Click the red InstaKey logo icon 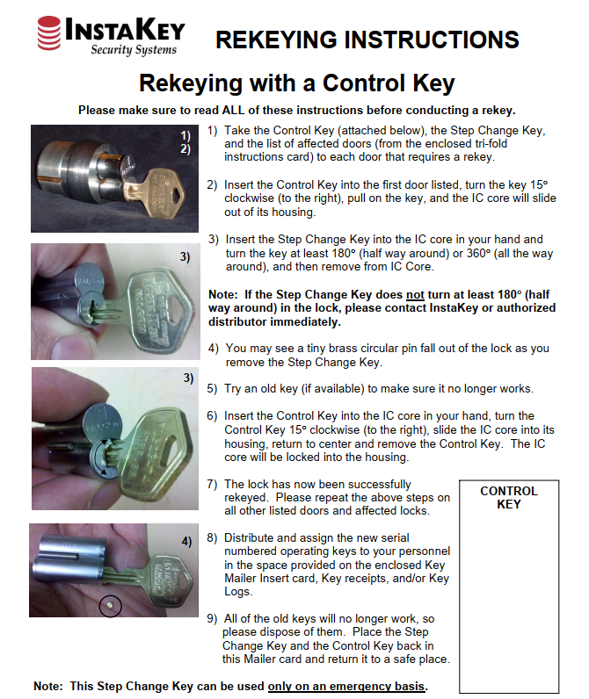(49, 34)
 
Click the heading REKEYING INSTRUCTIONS (367, 40)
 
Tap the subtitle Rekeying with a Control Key (296, 83)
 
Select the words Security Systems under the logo (134, 50)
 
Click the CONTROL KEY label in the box (508, 497)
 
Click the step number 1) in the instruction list (213, 130)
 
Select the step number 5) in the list (213, 388)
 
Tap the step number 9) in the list (213, 618)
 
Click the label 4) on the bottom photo (186, 542)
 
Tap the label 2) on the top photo (185, 149)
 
